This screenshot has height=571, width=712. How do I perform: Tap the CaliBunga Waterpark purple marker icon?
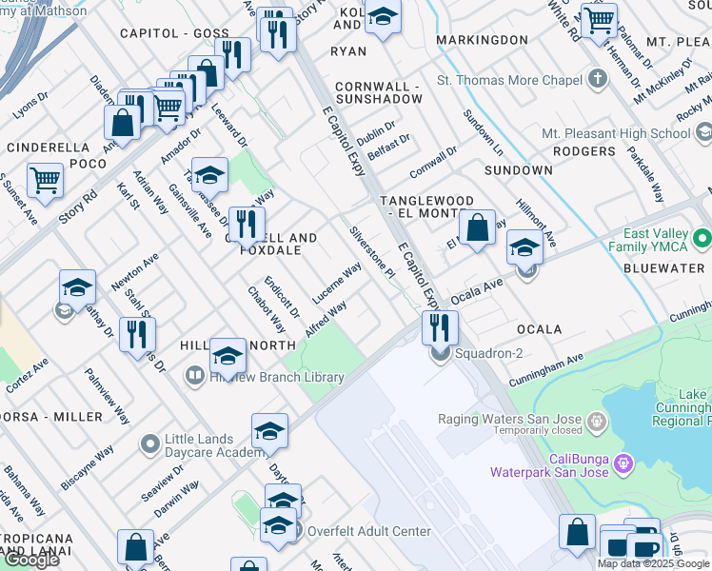[623, 463]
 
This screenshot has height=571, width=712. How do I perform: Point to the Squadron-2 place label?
[487, 354]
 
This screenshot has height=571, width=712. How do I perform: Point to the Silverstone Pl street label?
[371, 252]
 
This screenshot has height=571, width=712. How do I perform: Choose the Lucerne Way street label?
[337, 285]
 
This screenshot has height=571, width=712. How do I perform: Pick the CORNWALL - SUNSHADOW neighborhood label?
[376, 91]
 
